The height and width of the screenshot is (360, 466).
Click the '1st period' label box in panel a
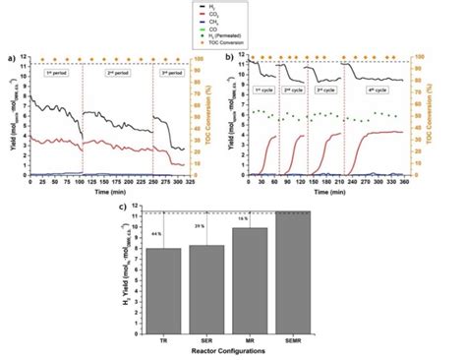[x=55, y=74]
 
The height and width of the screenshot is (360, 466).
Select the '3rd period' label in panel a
[x=171, y=74]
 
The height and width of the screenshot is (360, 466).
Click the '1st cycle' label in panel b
[x=263, y=90]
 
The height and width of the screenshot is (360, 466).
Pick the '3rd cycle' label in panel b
[x=324, y=90]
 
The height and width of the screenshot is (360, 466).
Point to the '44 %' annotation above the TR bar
[x=156, y=233]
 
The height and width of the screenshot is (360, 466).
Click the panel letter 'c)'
[x=120, y=208]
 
